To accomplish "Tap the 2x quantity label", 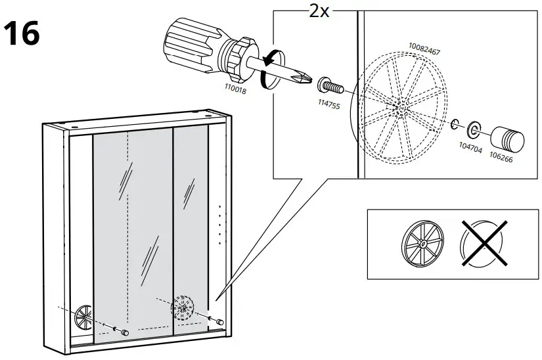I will (319, 11).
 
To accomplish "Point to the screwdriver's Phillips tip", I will (304, 78).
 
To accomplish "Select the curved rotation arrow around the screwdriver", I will (266, 71).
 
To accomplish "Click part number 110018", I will (235, 91).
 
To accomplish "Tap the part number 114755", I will (328, 104).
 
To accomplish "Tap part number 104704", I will (470, 150).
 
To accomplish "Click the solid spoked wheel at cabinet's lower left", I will (84, 315).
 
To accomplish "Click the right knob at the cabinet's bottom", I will (219, 321).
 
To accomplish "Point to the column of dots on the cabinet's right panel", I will (219, 223).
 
